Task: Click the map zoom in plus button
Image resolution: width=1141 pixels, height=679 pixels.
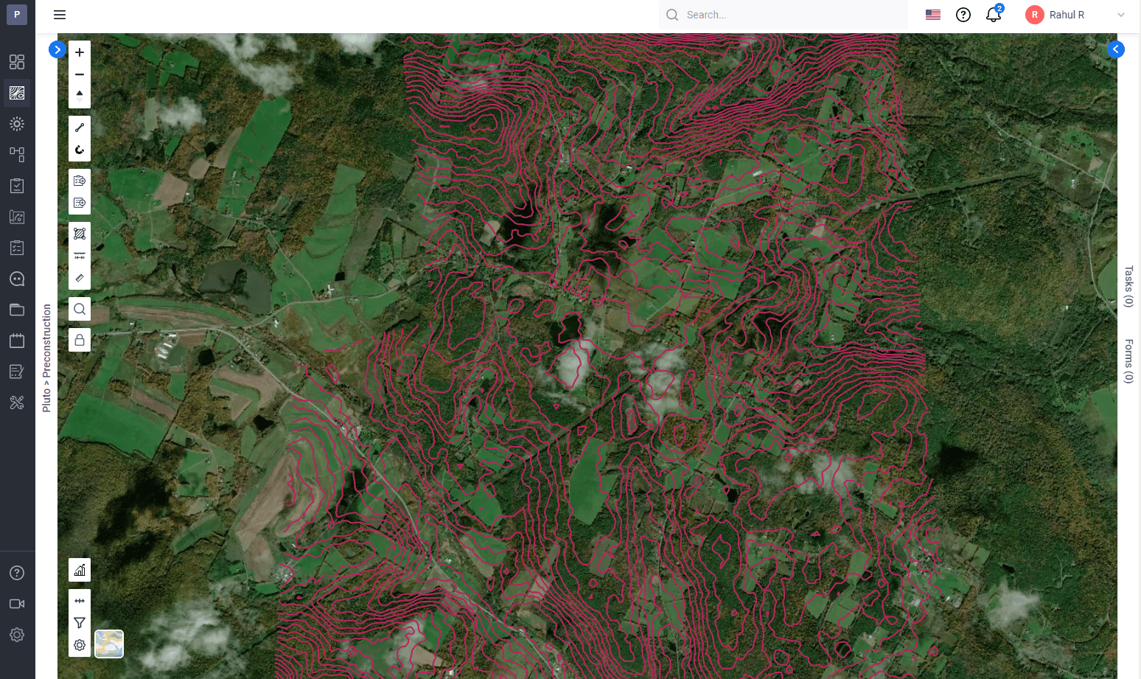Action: tap(80, 52)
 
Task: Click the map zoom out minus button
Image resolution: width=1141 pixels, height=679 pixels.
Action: tap(80, 74)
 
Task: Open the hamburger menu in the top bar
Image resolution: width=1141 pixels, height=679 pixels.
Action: tap(60, 15)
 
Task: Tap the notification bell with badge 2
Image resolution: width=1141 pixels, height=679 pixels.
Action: tap(993, 15)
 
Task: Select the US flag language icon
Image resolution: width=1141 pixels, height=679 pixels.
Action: tap(933, 15)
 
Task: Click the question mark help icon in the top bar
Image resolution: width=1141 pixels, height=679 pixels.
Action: tap(963, 15)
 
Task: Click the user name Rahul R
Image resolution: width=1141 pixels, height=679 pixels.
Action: tap(1067, 15)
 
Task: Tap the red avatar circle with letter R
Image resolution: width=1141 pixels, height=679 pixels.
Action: tap(1034, 15)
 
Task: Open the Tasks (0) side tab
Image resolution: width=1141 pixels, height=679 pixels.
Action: tap(1128, 286)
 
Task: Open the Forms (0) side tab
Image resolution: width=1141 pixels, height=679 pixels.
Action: tap(1128, 361)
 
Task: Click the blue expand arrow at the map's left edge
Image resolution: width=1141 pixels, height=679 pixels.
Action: tap(57, 49)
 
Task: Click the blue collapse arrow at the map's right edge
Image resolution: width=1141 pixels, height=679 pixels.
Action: tap(1116, 49)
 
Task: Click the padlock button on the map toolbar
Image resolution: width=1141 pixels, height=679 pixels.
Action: tap(80, 340)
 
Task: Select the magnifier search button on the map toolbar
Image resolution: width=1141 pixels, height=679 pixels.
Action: tap(80, 309)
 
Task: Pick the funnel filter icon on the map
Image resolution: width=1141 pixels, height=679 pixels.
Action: tap(80, 623)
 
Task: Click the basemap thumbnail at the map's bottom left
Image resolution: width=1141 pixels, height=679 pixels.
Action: tap(109, 644)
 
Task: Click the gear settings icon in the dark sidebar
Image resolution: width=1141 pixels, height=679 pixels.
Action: tap(17, 635)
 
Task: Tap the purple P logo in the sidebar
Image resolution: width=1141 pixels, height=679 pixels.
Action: tap(17, 14)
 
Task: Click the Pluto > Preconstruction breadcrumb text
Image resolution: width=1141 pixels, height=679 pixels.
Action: tap(47, 358)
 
